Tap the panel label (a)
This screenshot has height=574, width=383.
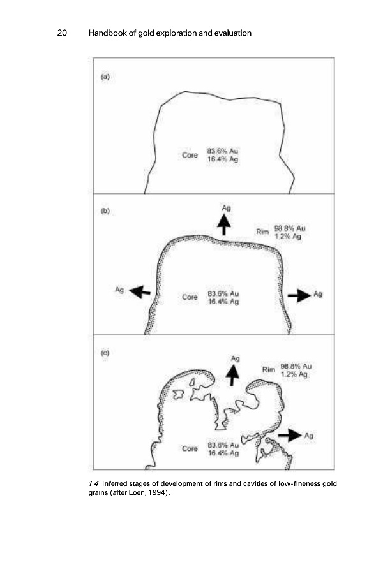coord(106,77)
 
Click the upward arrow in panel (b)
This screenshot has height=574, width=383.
coord(224,224)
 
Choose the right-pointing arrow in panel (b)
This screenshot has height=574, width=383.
coord(299,295)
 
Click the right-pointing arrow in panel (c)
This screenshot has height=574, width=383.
coord(290,435)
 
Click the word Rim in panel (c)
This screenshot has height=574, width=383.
coord(268,369)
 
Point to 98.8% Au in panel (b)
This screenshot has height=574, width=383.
coord(292,228)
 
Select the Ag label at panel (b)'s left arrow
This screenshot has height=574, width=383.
coord(119,289)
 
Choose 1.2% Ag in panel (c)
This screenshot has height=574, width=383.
coord(295,375)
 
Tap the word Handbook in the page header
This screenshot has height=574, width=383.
coord(107,33)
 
